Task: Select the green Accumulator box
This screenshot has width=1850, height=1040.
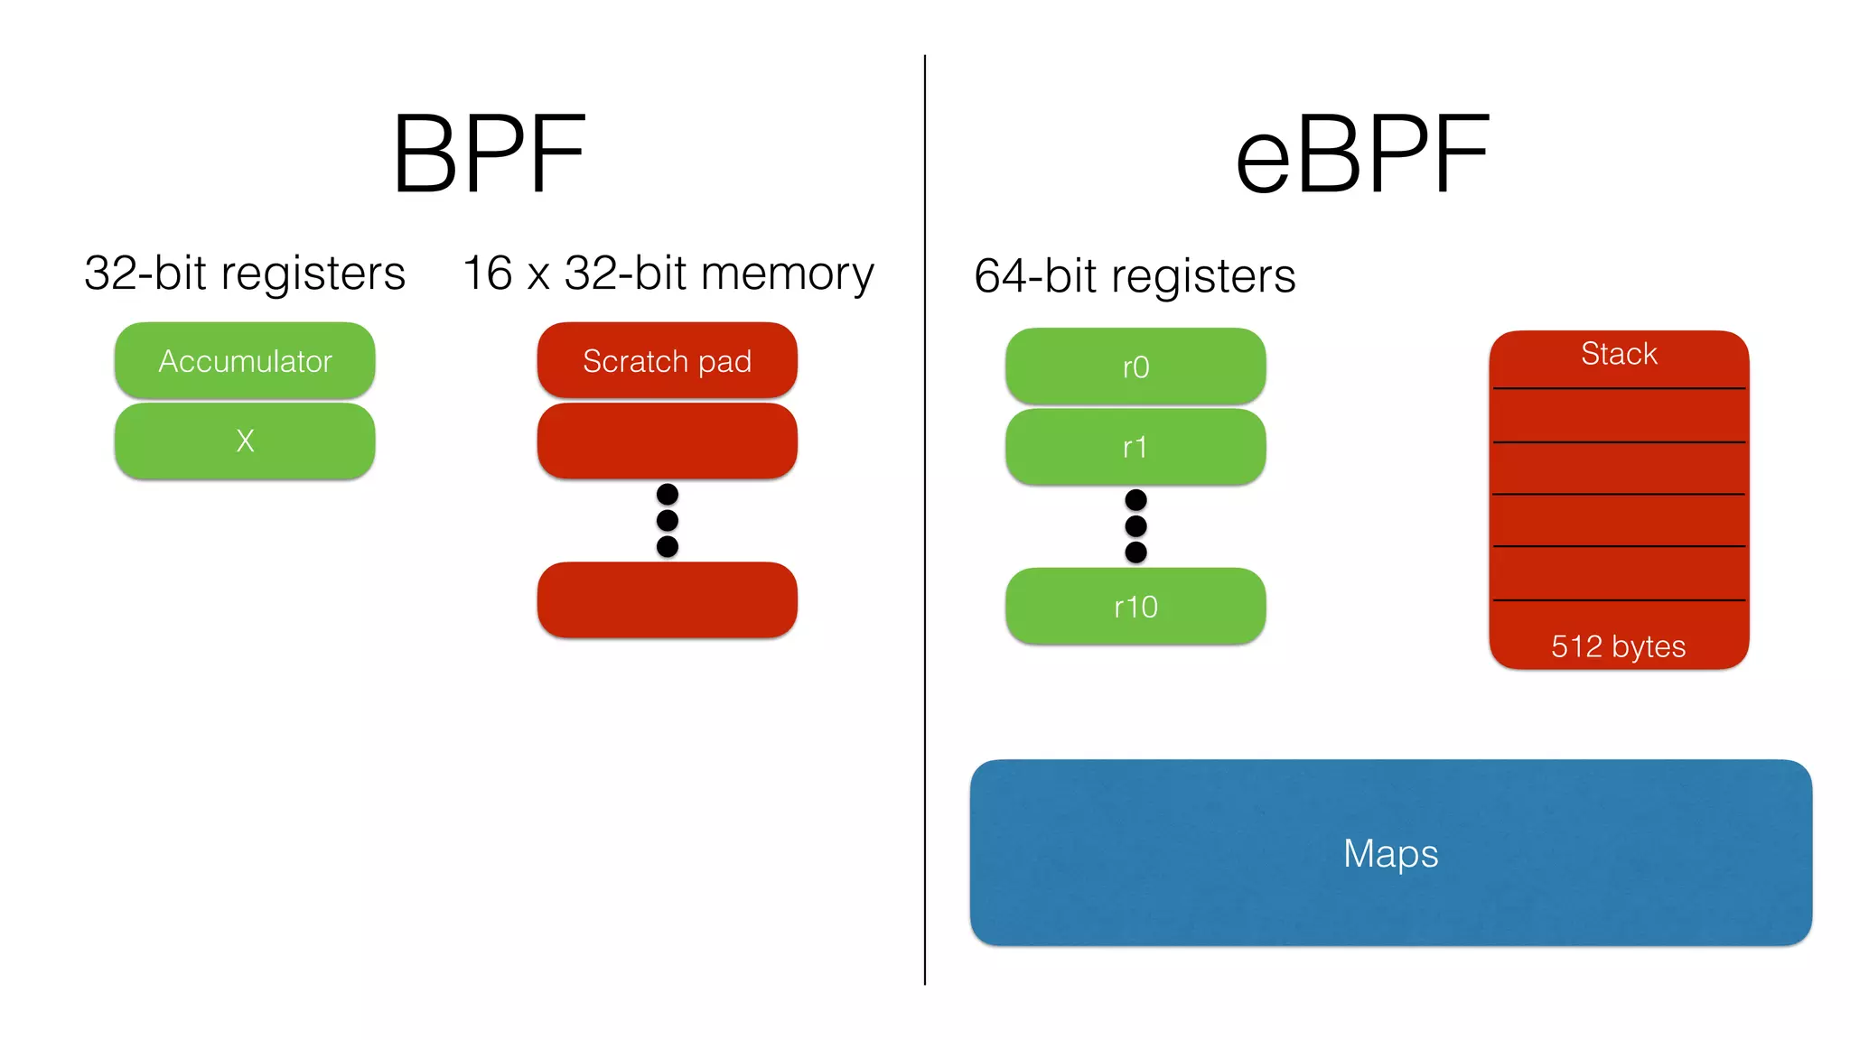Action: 245,360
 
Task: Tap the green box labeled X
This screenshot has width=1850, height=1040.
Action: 245,441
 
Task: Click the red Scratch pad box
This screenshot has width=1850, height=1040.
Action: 667,360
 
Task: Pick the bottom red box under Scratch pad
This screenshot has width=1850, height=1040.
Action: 667,599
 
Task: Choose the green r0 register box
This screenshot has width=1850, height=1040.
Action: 1135,367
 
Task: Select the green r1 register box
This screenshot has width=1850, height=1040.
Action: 1135,447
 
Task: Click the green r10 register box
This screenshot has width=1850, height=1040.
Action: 1135,607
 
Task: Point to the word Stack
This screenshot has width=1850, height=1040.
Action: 1619,354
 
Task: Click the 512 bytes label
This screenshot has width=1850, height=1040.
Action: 1618,646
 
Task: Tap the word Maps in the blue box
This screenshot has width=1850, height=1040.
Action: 1390,853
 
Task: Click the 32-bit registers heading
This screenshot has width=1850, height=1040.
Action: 245,273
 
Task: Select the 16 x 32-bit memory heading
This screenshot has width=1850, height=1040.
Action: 668,273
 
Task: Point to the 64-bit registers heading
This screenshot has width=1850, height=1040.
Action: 1135,276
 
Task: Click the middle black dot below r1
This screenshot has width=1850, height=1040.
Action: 1135,526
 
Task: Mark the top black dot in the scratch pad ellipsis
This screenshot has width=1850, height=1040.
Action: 668,494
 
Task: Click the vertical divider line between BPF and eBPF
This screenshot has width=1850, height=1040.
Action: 925,542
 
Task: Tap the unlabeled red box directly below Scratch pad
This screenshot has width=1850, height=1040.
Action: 667,441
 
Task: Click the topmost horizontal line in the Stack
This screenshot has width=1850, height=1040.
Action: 1619,389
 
